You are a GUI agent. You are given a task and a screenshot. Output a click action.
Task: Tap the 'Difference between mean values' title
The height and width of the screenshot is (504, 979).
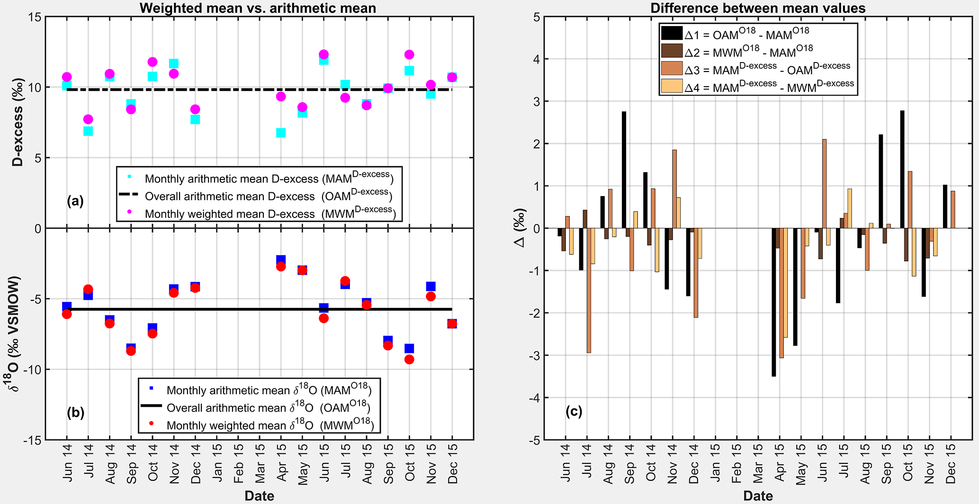758,8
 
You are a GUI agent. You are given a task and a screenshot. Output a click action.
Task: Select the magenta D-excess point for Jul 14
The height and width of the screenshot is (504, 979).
88,119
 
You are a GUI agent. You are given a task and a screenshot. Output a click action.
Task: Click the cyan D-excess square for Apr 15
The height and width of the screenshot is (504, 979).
281,133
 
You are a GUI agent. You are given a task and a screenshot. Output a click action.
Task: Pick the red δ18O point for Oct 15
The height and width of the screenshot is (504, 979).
409,360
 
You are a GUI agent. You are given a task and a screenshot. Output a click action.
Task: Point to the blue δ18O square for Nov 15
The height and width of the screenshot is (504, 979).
431,286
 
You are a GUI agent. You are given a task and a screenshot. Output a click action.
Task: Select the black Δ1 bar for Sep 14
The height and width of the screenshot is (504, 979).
624,170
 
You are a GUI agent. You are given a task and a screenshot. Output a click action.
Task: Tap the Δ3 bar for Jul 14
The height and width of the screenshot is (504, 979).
589,290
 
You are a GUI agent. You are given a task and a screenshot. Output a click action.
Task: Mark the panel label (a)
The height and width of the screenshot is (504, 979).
75,201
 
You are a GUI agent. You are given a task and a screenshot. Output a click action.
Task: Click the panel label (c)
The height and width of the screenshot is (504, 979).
574,411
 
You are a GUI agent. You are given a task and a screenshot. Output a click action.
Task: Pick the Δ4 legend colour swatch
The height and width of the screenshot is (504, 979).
672,86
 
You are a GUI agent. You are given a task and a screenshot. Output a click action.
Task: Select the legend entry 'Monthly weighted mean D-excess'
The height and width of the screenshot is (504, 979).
230,214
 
